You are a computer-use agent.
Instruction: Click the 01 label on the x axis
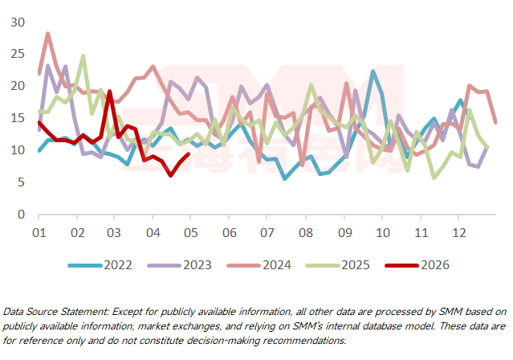[38, 233]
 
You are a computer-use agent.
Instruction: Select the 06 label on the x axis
[229, 233]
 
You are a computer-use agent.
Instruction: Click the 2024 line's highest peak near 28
[47, 34]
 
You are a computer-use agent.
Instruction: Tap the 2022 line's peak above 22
[373, 72]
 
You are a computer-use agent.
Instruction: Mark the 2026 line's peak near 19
[109, 92]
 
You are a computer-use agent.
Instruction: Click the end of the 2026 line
[188, 154]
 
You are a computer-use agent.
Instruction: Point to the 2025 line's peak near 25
[83, 56]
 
